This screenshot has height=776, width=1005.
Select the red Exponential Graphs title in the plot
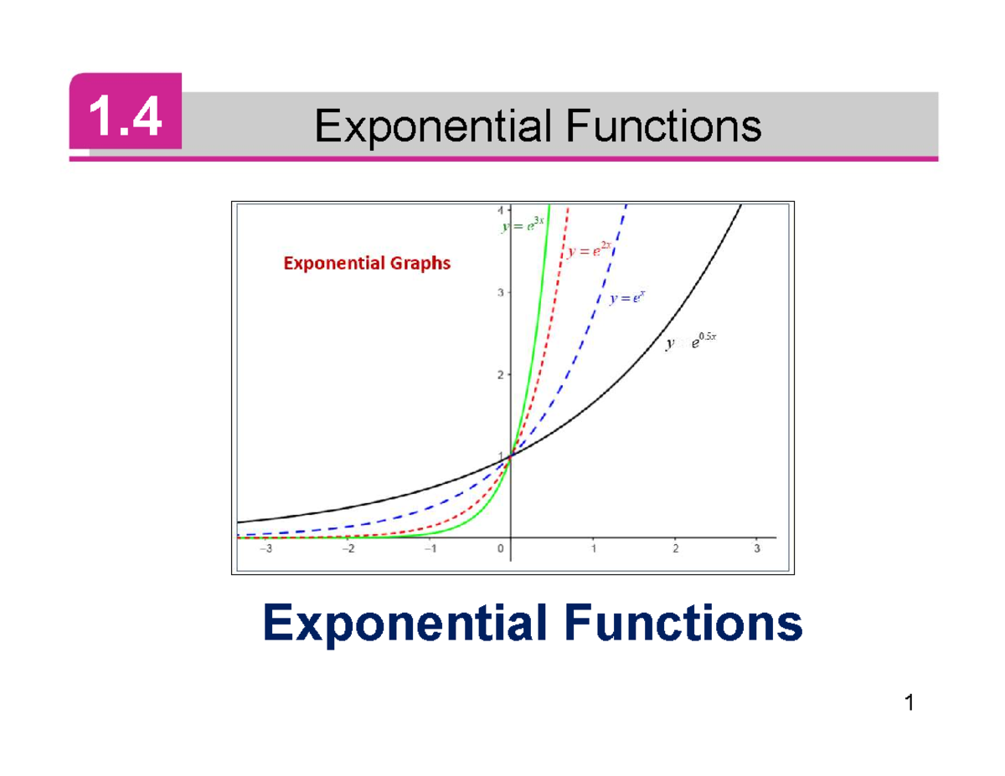pos(367,263)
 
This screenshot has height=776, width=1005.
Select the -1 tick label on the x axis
pos(429,550)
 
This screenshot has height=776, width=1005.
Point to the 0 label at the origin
pos(500,550)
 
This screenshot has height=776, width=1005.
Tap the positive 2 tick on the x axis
pos(675,550)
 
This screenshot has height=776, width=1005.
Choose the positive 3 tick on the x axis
pos(757,550)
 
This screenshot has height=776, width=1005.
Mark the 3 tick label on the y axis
pos(501,293)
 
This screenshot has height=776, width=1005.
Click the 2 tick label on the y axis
pos(501,375)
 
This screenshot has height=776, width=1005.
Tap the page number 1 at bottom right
pos(908,703)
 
